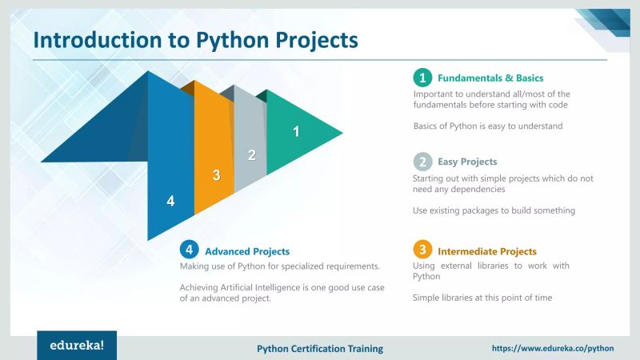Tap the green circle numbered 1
point(422,78)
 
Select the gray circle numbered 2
point(422,161)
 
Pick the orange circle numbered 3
point(422,250)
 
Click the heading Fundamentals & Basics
point(490,78)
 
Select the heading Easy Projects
point(467,162)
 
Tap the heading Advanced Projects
point(247,251)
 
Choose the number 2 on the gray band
point(251,155)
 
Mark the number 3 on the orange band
point(215,175)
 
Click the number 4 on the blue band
point(170,201)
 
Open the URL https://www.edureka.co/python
point(552,349)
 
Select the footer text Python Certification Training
point(320,349)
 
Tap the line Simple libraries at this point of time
point(482,298)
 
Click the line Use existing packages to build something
point(494,210)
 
